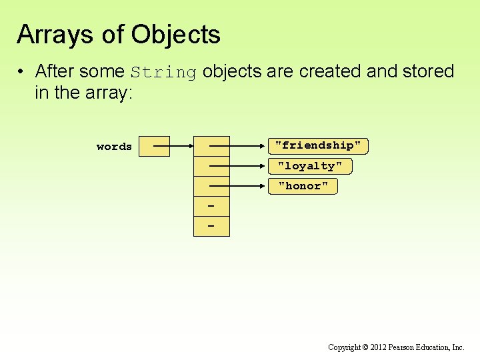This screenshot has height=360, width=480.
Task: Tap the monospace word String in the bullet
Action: (x=163, y=72)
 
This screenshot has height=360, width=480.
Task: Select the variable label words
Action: (x=114, y=147)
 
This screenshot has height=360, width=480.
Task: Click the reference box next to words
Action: (x=151, y=146)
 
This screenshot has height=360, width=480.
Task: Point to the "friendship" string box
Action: (x=318, y=145)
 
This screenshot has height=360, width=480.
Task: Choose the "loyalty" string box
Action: (x=310, y=166)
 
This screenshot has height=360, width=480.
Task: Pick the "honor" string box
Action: (x=303, y=186)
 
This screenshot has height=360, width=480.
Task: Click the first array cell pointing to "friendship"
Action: (x=211, y=146)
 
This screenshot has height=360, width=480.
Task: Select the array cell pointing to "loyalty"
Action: (x=211, y=166)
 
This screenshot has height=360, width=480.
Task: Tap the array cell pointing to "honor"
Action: (x=211, y=186)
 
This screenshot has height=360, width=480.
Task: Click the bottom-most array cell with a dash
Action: (x=211, y=227)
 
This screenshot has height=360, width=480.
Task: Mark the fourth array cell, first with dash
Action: (x=211, y=207)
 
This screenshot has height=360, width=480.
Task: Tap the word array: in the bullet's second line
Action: (x=111, y=93)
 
